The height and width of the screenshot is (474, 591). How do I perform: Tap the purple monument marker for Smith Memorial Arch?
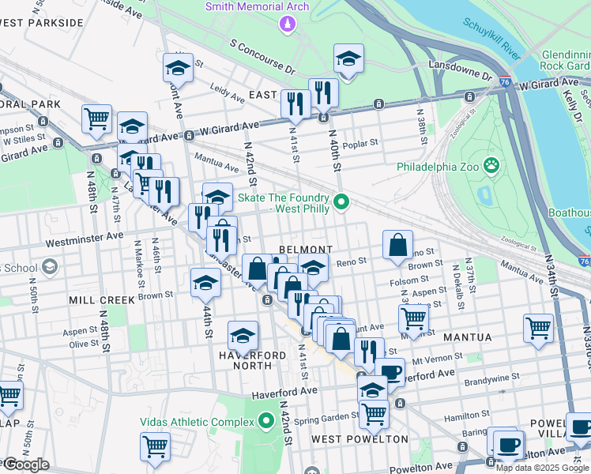pyautogui.click(x=285, y=24)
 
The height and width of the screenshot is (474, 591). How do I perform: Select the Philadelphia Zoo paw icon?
pyautogui.click(x=493, y=166)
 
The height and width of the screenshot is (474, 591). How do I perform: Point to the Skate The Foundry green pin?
pyautogui.click(x=341, y=203)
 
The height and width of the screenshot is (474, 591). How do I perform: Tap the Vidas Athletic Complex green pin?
pyautogui.click(x=267, y=422)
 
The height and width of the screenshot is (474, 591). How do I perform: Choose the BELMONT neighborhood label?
pyautogui.click(x=306, y=249)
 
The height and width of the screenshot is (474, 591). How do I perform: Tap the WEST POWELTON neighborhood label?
pyautogui.click(x=359, y=438)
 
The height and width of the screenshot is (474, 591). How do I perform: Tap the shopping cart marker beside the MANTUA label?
pyautogui.click(x=538, y=328)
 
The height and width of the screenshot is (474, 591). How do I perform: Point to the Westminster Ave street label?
pyautogui.click(x=85, y=235)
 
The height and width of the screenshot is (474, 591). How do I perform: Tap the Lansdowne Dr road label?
pyautogui.click(x=456, y=66)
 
